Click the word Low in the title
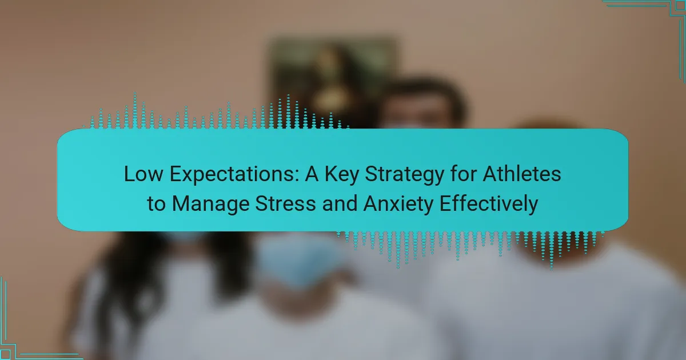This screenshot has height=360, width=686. (143, 174)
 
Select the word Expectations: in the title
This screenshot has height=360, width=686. (234, 174)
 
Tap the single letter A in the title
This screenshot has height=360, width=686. (312, 174)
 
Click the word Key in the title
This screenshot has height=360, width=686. (341, 174)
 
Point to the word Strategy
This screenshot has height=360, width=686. (404, 174)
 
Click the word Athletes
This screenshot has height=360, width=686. (522, 174)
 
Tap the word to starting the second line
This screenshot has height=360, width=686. (156, 204)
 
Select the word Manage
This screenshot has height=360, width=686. (211, 205)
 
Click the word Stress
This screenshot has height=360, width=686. (285, 203)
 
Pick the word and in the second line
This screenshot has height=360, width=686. (340, 203)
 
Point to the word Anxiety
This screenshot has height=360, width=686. (398, 205)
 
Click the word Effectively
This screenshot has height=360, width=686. (489, 205)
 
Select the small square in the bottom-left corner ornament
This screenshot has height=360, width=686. (6, 354)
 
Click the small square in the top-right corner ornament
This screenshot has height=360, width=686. (680, 6)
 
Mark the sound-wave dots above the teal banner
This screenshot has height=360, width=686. (216, 111)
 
